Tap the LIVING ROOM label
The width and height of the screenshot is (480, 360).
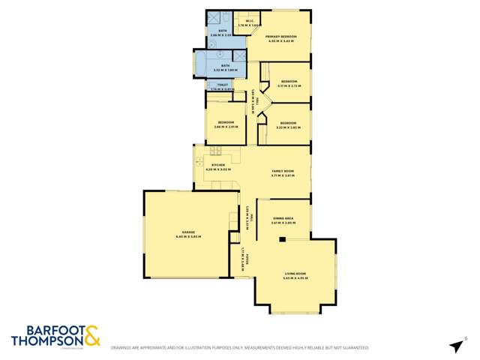(x=293, y=274)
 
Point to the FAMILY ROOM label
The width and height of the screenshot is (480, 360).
(x=283, y=172)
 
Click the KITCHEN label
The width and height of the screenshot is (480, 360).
(x=217, y=164)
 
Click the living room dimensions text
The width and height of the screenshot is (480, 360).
(x=293, y=278)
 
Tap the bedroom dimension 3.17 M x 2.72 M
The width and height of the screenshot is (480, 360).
(x=289, y=85)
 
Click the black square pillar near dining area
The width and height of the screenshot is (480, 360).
(x=282, y=240)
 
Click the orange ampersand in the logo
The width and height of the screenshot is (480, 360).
(x=91, y=335)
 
